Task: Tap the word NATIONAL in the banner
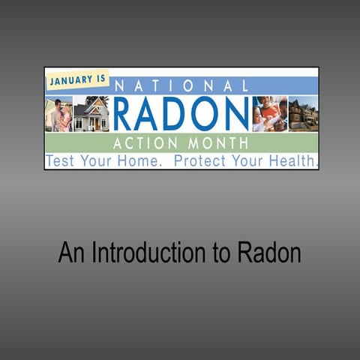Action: pyautogui.click(x=180, y=85)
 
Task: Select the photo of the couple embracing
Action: pyautogui.click(x=59, y=114)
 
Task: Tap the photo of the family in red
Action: pyautogui.click(x=270, y=114)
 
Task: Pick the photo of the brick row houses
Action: pyautogui.click(x=304, y=114)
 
